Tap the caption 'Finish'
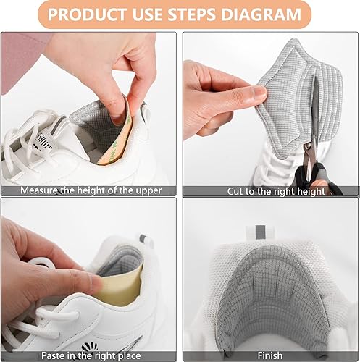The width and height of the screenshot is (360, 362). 269,355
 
